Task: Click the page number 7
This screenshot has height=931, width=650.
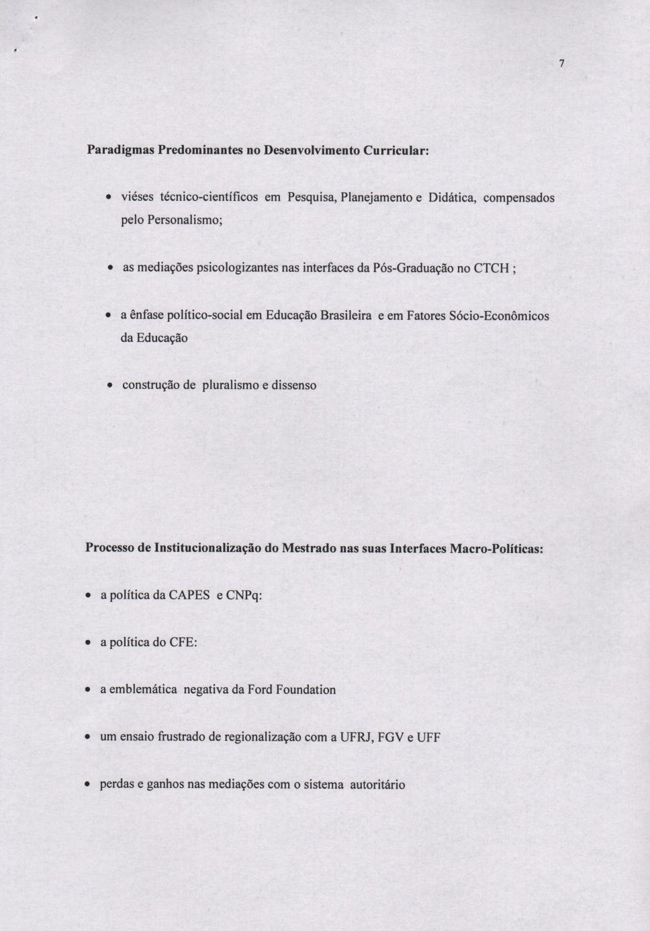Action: point(561,64)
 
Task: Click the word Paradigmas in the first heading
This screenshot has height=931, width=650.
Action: point(120,150)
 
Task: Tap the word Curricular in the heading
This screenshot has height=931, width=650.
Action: point(395,150)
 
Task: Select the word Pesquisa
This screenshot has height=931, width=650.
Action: point(312,197)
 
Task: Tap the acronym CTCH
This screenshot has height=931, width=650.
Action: point(492,268)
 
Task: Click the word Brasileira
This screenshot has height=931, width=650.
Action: point(346,316)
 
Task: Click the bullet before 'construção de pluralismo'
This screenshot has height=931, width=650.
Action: point(109,386)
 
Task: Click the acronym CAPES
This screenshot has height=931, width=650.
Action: point(189,596)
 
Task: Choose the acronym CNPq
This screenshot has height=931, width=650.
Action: point(243,596)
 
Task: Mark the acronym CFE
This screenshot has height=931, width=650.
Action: point(183,643)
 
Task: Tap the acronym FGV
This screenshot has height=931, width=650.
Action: point(391,737)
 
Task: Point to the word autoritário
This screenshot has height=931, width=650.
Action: point(377,785)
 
